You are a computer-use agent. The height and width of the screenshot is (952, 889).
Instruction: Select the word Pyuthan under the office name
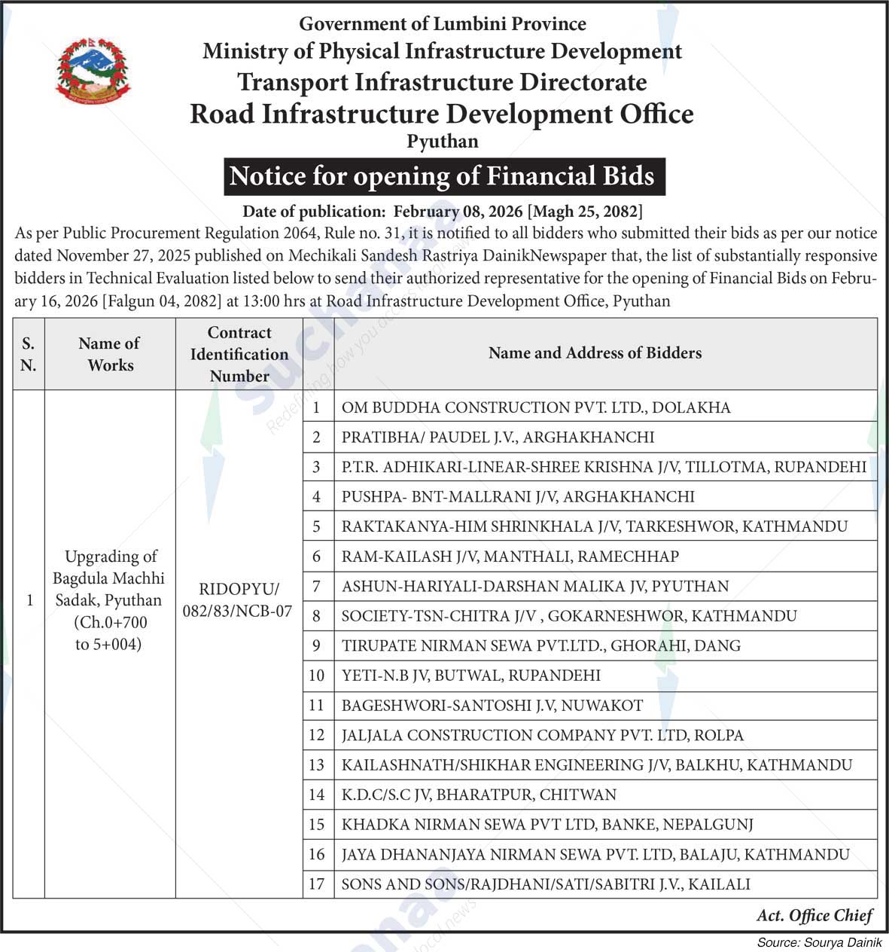coord(443,142)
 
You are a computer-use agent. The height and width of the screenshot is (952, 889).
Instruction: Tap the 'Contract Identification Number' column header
coord(239,354)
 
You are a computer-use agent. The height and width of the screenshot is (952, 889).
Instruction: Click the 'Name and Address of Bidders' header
coord(595,353)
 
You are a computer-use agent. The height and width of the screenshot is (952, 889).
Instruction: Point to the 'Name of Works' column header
coord(110,354)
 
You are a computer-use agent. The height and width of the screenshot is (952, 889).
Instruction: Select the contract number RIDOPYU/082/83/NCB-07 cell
coord(238,600)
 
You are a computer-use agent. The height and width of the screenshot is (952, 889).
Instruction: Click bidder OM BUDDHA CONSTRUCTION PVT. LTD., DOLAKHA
coord(536,407)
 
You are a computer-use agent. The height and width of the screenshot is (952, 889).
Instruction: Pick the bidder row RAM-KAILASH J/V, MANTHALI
coord(510,557)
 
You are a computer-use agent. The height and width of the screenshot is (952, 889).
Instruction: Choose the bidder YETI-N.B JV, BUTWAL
coord(471,676)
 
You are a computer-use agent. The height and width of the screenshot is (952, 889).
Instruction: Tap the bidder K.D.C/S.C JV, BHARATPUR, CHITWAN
coord(479,795)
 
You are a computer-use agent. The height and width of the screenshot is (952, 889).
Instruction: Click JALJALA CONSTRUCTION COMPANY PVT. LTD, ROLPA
coord(543,735)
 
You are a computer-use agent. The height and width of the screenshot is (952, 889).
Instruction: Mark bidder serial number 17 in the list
coord(316,884)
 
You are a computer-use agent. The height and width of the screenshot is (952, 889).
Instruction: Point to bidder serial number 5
coord(317,526)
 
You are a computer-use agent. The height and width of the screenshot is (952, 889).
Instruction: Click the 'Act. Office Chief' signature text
coord(814,916)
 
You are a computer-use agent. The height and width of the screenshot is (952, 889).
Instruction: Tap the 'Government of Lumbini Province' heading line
coord(443,24)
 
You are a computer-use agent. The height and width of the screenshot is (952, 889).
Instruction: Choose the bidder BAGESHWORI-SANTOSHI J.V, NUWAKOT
coord(492,706)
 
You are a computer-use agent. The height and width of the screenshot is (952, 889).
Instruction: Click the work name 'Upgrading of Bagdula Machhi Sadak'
coord(110,578)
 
